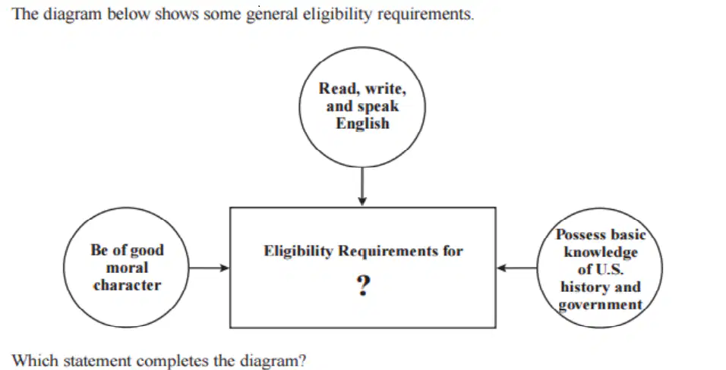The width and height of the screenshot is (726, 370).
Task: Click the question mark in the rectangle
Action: (x=364, y=286)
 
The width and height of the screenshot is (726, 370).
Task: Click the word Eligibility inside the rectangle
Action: (x=298, y=251)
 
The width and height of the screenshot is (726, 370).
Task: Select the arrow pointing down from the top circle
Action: (x=362, y=187)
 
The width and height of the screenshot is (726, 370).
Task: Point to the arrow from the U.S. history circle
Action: (x=516, y=268)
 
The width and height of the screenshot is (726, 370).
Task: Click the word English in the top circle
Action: (x=362, y=124)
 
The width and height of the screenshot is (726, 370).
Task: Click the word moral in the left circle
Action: (x=128, y=268)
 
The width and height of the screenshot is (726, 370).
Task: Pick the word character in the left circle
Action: (x=128, y=285)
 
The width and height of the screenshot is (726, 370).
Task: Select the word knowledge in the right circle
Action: (x=601, y=252)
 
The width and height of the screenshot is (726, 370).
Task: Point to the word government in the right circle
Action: (x=601, y=305)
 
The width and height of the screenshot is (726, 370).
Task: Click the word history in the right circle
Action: (x=581, y=287)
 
